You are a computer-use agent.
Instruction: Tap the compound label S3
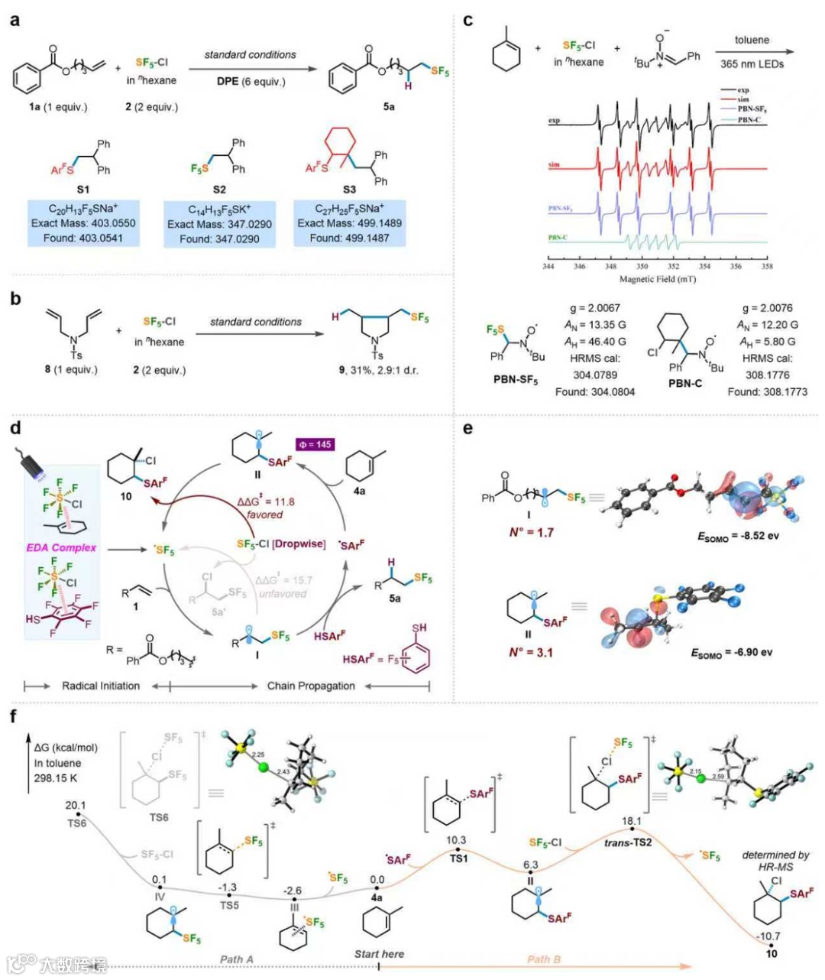click(349, 189)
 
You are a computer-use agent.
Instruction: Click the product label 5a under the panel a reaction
click(389, 107)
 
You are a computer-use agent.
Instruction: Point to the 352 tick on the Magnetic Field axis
click(673, 267)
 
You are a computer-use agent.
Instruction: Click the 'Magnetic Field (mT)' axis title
click(657, 279)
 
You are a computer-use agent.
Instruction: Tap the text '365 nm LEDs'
click(752, 64)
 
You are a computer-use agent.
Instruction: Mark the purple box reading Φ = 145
click(315, 444)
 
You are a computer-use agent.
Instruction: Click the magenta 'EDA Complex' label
click(61, 547)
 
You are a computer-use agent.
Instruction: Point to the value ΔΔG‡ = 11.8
click(265, 502)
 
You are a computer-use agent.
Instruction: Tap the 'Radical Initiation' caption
click(101, 686)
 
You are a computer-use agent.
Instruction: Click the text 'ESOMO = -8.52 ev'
click(738, 536)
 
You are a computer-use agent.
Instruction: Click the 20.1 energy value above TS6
click(76, 805)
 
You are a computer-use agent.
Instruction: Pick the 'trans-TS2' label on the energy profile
click(628, 842)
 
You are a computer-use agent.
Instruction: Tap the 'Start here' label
click(379, 954)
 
